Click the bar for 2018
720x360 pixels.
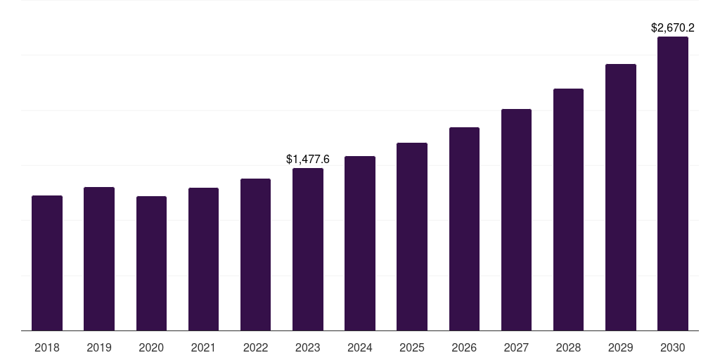(x=47, y=263)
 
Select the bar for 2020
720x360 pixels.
(x=151, y=264)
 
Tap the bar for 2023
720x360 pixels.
(x=308, y=250)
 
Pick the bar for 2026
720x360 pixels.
(x=464, y=229)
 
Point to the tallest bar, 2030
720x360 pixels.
(x=673, y=184)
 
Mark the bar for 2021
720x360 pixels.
(x=203, y=259)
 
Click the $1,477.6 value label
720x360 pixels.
(x=308, y=160)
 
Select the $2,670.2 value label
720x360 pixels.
(x=673, y=28)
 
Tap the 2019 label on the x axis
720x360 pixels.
(x=99, y=347)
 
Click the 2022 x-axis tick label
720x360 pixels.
(x=256, y=347)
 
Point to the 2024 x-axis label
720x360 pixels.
(x=360, y=347)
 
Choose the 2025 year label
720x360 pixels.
(x=412, y=347)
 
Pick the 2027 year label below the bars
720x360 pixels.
(x=516, y=347)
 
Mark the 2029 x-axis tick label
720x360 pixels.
(x=621, y=347)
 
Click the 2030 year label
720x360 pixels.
(x=673, y=347)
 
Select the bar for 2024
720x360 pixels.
(x=360, y=243)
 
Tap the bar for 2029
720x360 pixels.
(x=621, y=198)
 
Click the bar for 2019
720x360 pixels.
(x=99, y=259)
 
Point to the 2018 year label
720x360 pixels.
(x=47, y=347)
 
